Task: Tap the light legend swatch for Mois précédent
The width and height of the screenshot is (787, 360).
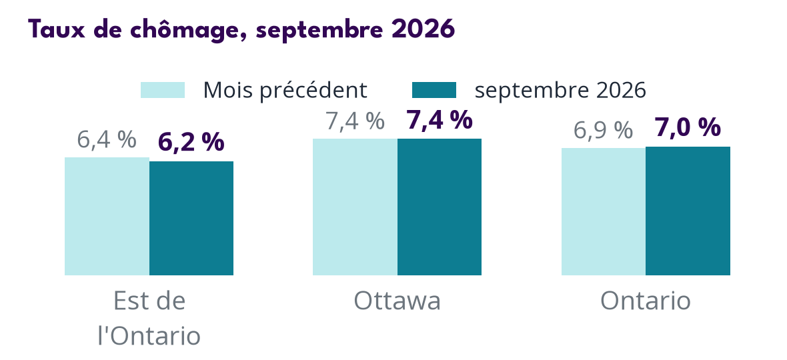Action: pos(163,90)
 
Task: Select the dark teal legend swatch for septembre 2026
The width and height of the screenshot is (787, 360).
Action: pos(434,90)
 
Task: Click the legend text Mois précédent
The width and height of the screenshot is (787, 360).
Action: pos(285,90)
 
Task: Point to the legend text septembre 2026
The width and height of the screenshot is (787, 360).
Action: pos(560,91)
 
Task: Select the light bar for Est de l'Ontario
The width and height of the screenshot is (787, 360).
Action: pos(107,216)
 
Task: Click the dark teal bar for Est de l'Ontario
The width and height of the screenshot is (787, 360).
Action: pos(191,218)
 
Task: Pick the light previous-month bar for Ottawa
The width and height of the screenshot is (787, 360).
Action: pos(355,207)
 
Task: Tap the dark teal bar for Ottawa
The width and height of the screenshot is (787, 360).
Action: pos(439,207)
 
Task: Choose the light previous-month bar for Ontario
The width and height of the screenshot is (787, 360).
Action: pos(604,211)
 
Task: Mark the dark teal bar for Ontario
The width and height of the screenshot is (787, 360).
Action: pos(688,211)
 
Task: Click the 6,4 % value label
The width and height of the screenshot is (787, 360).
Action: pos(107,140)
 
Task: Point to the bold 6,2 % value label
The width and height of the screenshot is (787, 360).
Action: pos(191,143)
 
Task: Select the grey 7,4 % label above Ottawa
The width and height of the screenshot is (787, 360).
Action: pos(355,121)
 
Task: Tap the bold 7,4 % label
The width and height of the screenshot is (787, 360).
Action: pos(439,121)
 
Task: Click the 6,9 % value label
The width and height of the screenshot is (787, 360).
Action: pos(603,131)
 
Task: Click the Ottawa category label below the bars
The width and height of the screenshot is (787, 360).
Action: pos(397,301)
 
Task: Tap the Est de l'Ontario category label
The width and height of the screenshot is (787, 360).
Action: pos(149,319)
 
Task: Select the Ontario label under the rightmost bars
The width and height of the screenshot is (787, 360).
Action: pos(646,301)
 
